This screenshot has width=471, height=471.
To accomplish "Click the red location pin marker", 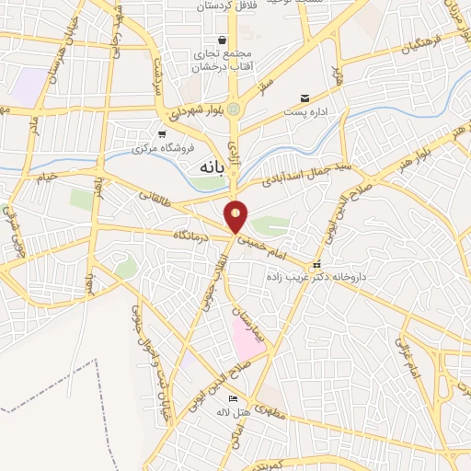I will click(x=237, y=215).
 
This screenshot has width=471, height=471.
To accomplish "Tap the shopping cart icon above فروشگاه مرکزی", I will click(x=161, y=134).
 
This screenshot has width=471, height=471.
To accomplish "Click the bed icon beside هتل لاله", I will click(x=233, y=397).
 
